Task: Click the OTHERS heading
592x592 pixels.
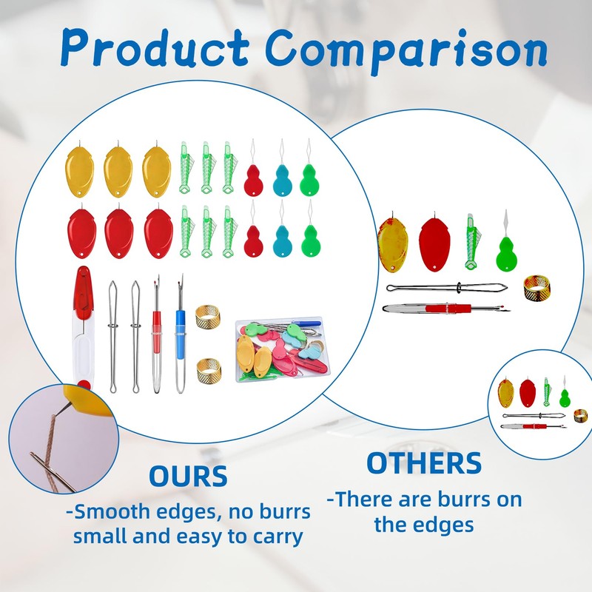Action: click(x=424, y=463)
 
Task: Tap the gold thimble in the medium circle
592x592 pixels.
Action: click(x=537, y=286)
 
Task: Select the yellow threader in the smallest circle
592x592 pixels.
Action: click(x=506, y=391)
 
